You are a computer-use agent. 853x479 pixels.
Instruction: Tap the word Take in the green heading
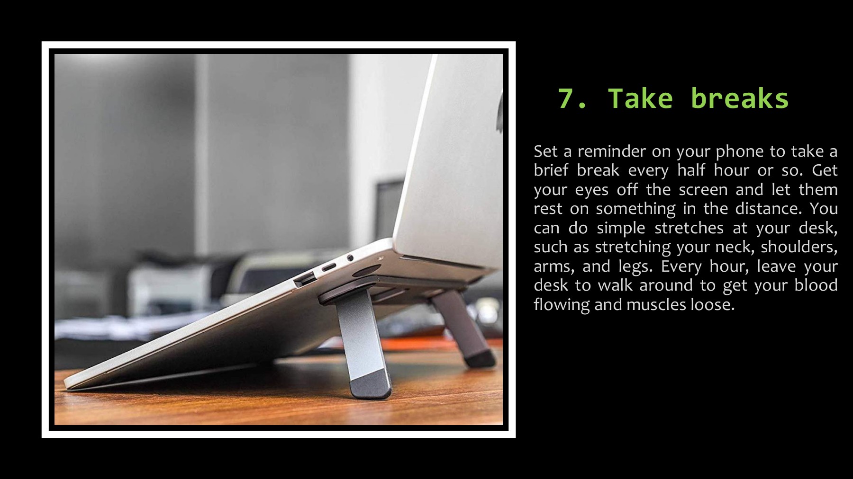[x=640, y=98]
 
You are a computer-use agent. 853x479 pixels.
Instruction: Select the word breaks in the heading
[x=739, y=98]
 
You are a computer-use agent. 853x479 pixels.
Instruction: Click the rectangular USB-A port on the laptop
[x=306, y=279]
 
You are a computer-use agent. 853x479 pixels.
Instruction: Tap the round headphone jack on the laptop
[x=350, y=258]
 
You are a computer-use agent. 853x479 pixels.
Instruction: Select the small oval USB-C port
[x=329, y=266]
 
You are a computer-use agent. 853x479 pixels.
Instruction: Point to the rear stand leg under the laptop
[x=462, y=327]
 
